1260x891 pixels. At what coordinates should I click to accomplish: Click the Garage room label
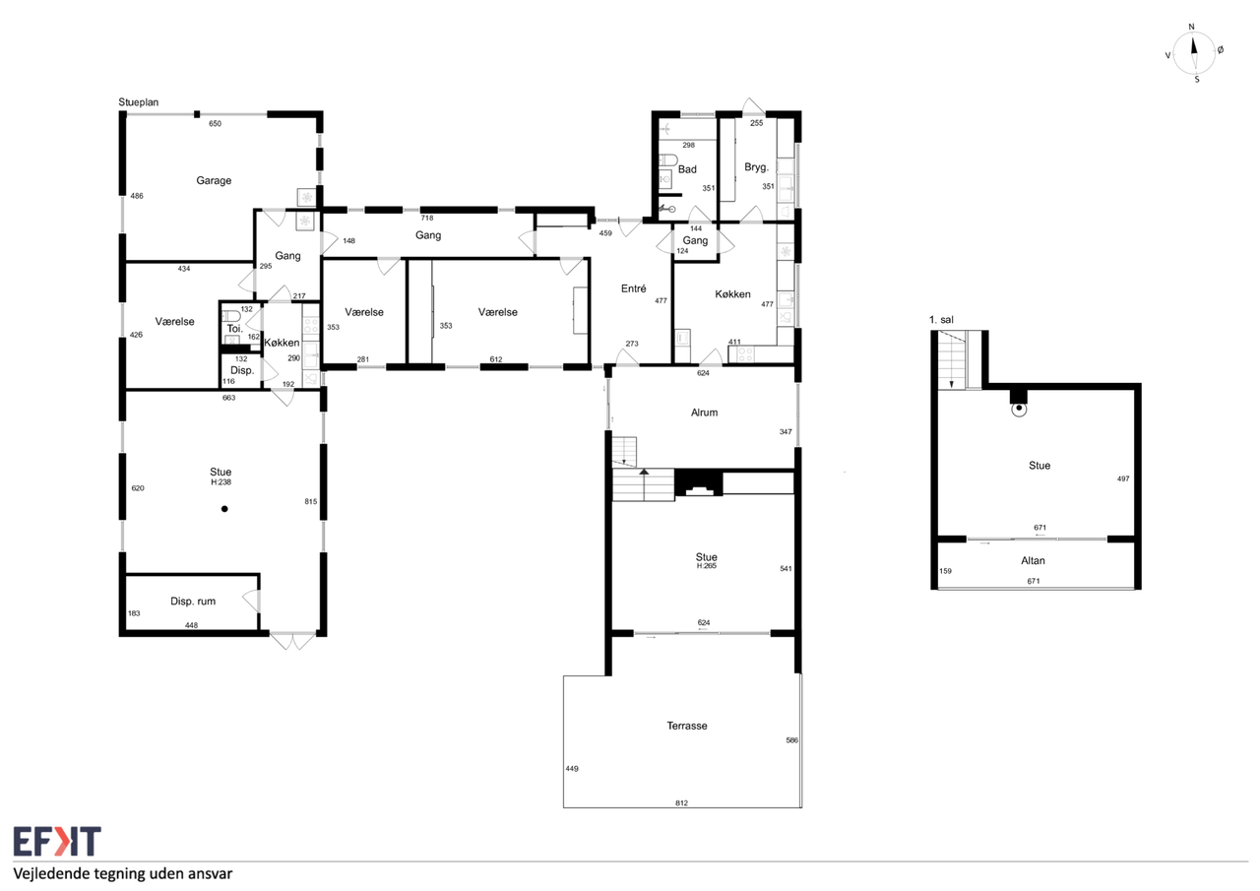tap(214, 180)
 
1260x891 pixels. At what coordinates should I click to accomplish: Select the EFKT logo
tap(57, 841)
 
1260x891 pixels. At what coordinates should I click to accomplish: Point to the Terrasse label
tap(687, 726)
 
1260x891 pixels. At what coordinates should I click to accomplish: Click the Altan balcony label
tap(1033, 560)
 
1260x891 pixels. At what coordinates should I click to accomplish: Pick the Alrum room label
tap(704, 413)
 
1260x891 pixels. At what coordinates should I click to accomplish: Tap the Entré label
tap(633, 288)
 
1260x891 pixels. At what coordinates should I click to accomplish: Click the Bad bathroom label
tap(687, 169)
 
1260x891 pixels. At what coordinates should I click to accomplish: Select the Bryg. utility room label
tap(756, 167)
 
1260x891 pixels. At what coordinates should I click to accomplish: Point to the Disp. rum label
tap(193, 602)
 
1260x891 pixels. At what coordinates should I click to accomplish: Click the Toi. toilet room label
tap(234, 329)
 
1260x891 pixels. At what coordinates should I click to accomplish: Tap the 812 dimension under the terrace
tap(682, 803)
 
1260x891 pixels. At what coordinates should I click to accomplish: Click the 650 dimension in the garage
tap(215, 124)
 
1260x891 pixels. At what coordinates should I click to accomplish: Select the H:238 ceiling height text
tap(221, 482)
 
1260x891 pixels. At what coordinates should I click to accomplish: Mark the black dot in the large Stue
tap(224, 509)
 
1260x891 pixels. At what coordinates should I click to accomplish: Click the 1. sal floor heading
tap(941, 320)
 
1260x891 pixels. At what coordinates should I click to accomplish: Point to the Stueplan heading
tap(139, 102)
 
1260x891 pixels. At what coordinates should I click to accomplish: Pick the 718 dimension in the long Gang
tap(427, 219)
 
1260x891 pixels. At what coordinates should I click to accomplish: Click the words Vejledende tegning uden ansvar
tap(123, 873)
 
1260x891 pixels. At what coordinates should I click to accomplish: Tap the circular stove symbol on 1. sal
tap(1019, 409)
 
